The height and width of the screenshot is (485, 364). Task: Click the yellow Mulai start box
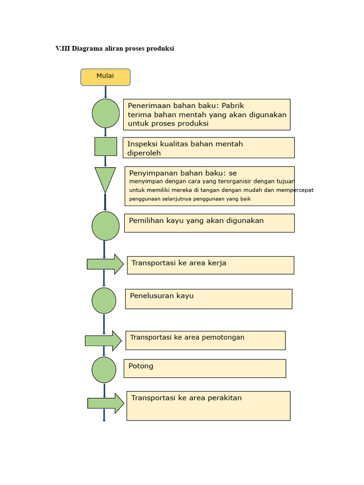coord(105,77)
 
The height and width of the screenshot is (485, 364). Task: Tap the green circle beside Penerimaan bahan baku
coord(105,113)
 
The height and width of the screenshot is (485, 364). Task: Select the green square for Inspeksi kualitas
coord(105,146)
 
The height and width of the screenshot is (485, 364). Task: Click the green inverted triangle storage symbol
coord(105,178)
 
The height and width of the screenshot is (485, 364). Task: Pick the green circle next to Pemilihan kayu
coord(105,226)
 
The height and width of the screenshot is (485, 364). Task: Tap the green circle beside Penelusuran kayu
coord(104,301)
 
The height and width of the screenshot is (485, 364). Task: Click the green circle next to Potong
coord(104,370)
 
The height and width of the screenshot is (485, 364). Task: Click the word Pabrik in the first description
coord(233,106)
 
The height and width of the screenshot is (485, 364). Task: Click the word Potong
coord(141,366)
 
